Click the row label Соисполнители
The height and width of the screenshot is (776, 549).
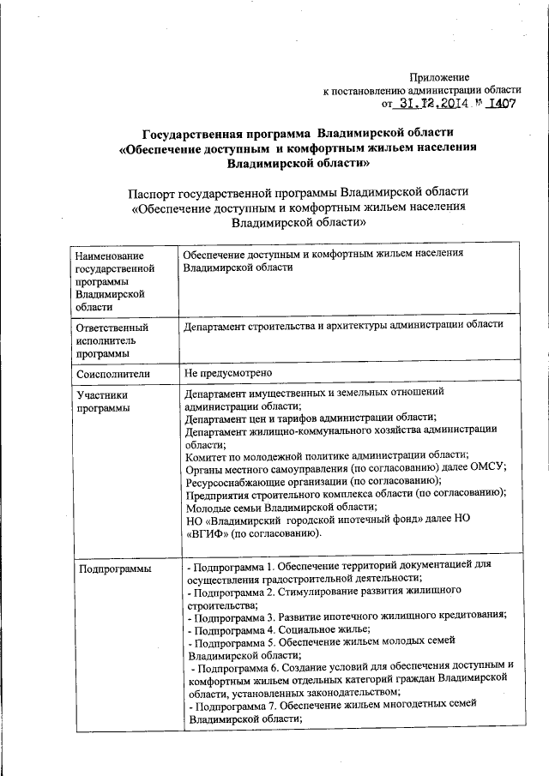tap(112, 374)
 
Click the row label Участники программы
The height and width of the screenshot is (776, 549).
tap(103, 401)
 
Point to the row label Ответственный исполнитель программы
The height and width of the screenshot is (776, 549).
tap(112, 340)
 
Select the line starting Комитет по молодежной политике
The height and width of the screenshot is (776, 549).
tap(326, 454)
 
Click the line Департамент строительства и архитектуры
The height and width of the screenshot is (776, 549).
tap(342, 326)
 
